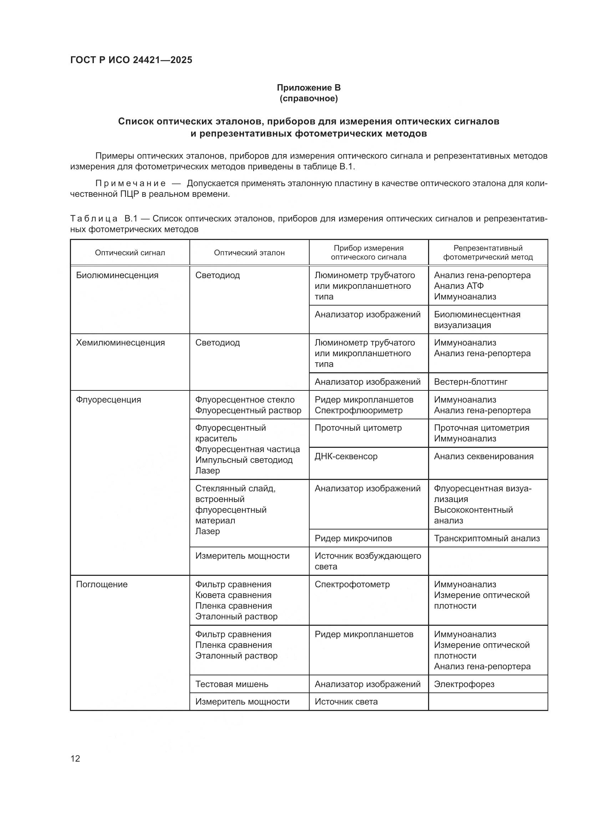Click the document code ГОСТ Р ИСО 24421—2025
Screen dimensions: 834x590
click(x=131, y=60)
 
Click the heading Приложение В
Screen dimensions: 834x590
click(x=309, y=88)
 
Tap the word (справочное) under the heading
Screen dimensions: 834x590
click(x=309, y=98)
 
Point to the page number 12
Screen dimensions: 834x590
click(x=75, y=758)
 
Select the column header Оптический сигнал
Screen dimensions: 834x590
click(x=130, y=253)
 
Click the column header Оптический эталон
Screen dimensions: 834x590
click(x=249, y=253)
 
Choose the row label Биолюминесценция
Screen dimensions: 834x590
click(x=117, y=275)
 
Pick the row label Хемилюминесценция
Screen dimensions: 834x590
click(x=120, y=343)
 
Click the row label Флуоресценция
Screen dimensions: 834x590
click(x=108, y=400)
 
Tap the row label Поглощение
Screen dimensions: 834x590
click(x=102, y=584)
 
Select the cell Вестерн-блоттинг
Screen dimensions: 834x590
click(x=471, y=382)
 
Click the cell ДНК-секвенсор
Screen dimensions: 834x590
click(x=346, y=457)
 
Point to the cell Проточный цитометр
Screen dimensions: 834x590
click(x=358, y=428)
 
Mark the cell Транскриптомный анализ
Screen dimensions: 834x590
click(x=487, y=539)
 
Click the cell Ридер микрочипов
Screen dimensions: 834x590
click(x=353, y=539)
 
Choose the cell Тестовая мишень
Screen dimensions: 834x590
click(x=232, y=684)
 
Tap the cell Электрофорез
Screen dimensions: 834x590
click(x=464, y=684)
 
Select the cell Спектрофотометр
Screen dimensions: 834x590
click(x=352, y=584)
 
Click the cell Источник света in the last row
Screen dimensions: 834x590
click(x=346, y=702)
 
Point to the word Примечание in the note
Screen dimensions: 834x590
click(x=131, y=183)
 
